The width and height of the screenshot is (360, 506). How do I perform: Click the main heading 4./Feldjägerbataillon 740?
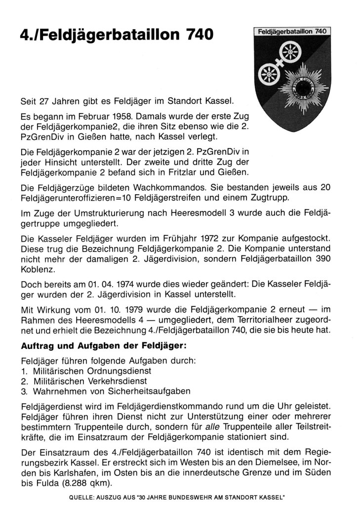tap(111, 35)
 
